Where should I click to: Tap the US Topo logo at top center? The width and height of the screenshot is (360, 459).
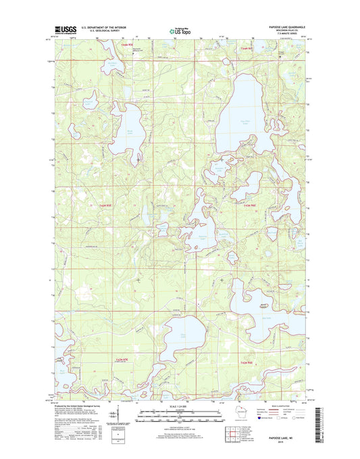coord(180,30)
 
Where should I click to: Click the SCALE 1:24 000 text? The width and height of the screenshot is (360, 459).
coord(180,406)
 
